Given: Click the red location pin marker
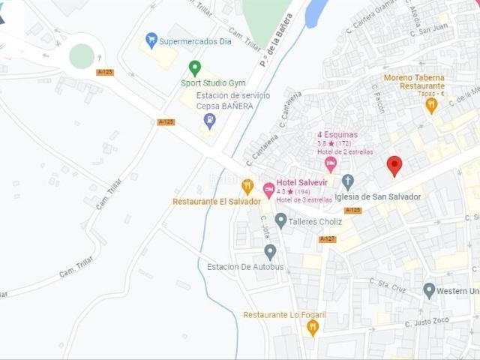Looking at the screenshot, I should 394,165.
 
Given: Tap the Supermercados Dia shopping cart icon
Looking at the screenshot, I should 151,40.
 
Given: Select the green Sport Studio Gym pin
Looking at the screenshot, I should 195,67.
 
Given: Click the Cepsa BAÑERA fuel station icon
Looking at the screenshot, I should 210,120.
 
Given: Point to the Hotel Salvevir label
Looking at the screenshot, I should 303,182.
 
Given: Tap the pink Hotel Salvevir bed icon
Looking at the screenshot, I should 268,190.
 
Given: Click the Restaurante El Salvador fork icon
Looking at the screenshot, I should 247,186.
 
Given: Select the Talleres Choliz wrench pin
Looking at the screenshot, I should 280,220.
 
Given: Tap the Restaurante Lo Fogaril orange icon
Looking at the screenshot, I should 313,326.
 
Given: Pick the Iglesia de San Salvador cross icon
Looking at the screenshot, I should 347,181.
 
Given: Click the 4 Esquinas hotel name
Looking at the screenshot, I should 337,135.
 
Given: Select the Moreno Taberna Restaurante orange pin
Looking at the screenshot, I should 431,105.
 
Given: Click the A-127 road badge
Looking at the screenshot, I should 327,239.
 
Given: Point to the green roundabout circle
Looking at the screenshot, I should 82,55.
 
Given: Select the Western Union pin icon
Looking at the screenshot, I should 429,290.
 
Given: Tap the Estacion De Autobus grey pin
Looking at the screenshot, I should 270,252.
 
